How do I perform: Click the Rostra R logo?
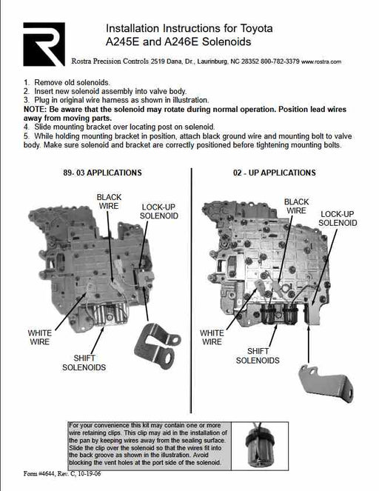[44, 44]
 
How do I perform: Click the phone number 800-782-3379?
[280, 61]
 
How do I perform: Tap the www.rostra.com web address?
[321, 61]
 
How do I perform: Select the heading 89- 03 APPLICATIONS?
[102, 173]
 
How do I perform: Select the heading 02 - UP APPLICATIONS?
[274, 173]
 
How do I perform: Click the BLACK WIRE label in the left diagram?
[109, 201]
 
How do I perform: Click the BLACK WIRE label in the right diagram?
[296, 206]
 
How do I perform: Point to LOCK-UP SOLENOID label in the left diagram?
[159, 211]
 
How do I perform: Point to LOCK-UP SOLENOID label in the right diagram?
[338, 218]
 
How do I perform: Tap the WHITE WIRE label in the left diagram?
[39, 337]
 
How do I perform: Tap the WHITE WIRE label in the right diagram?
[212, 337]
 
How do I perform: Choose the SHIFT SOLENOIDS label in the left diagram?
[84, 363]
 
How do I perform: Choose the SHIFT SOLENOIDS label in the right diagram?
[258, 355]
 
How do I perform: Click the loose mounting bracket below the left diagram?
[156, 346]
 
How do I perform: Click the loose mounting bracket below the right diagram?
[326, 383]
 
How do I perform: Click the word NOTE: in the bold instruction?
[35, 110]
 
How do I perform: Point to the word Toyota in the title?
[256, 28]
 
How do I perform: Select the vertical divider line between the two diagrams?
[191, 290]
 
